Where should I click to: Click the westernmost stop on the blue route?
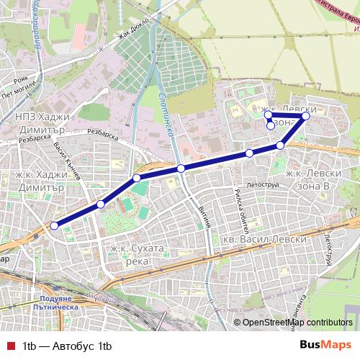[54, 225]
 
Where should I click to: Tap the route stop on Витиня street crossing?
[181, 168]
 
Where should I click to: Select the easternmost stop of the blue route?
[306, 115]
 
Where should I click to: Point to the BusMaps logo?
[326, 346]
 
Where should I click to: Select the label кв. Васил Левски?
[266, 239]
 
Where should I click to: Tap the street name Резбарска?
[102, 132]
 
